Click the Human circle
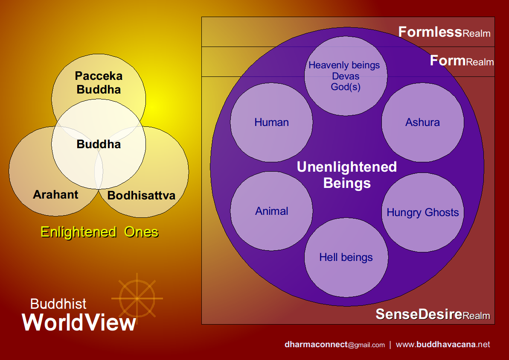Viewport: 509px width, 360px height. coord(271,122)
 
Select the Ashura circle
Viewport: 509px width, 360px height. coord(422,122)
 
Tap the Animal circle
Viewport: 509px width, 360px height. coord(271,211)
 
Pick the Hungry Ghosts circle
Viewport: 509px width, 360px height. coord(422,212)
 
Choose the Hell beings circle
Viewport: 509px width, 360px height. coord(346,257)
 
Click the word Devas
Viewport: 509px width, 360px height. coord(345,76)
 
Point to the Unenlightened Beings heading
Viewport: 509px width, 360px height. coord(346,175)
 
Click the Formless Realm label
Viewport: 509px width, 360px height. coord(444,32)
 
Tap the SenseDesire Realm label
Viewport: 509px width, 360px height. coord(433,315)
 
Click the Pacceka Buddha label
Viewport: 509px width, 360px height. coord(99,83)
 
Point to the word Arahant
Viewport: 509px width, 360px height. coord(55,195)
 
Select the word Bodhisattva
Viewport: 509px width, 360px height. coord(141,196)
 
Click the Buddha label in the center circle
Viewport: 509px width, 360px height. coord(99,144)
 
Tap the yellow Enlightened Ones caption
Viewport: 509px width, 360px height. coord(99,232)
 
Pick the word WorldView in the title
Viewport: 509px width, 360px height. coord(79,322)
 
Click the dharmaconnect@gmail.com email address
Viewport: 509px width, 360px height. coord(334,345)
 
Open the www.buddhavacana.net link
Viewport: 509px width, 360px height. coord(443,345)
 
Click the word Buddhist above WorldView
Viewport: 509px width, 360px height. coord(58,304)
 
